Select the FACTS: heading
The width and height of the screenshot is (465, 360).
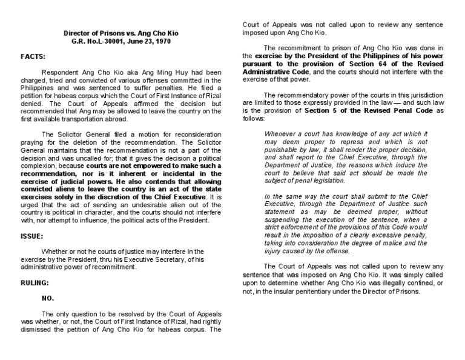(32, 56)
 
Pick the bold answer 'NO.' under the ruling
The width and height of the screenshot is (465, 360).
(48, 298)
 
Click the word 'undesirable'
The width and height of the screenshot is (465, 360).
(140, 205)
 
